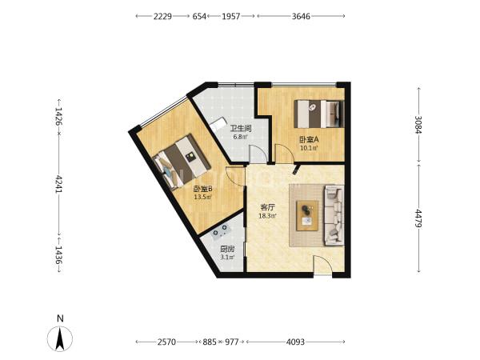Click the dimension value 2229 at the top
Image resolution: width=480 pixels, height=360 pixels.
[162, 16]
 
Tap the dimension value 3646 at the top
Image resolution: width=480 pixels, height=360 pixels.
[301, 16]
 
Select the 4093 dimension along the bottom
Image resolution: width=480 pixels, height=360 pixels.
[295, 342]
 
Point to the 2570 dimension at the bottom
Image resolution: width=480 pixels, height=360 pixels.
[167, 342]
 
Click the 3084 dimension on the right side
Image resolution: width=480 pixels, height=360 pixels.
[418, 125]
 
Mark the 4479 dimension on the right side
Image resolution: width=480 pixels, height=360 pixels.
[418, 218]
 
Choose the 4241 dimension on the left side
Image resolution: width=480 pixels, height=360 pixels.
[58, 184]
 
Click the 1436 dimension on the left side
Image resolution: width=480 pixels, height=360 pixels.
[58, 254]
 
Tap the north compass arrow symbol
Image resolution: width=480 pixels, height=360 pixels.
[60, 338]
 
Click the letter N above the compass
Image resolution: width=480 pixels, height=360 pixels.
[60, 318]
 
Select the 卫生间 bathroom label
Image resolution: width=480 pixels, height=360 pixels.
[241, 129]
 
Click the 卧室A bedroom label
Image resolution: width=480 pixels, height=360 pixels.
[309, 140]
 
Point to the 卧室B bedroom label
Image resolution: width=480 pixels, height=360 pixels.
[202, 189]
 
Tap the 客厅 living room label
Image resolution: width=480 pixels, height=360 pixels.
[267, 207]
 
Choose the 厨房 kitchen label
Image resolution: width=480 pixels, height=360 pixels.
[227, 249]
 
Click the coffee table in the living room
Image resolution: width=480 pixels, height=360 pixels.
[307, 216]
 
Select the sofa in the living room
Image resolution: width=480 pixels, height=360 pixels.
[334, 215]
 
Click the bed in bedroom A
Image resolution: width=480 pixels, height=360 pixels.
[318, 114]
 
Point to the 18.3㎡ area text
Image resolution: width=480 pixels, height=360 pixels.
[267, 216]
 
